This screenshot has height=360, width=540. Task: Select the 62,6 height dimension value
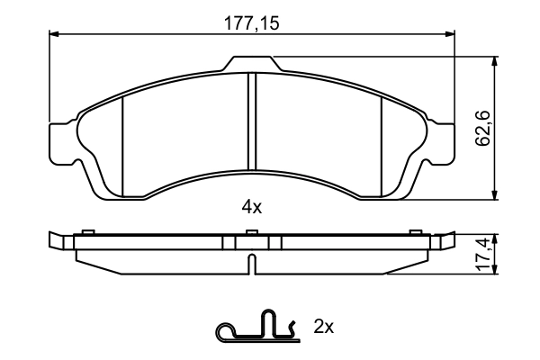483,129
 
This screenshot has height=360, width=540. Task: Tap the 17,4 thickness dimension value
483,255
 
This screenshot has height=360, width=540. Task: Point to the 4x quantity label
252,207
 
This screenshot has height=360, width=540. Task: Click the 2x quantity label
324,327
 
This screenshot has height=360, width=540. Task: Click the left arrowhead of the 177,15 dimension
53,34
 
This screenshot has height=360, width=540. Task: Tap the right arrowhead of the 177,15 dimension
451,34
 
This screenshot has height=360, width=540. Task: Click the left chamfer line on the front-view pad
121,144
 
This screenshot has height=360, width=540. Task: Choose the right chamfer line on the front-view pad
382,144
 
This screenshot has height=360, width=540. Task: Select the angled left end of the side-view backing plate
58,240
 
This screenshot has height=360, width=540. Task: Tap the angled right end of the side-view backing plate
445,240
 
